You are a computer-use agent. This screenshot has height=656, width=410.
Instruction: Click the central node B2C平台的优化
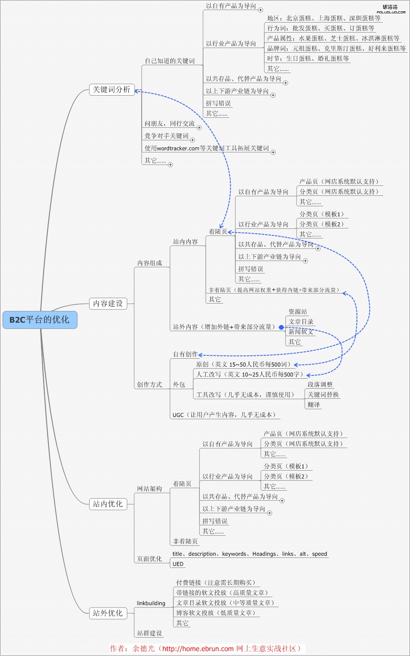click(x=40, y=320)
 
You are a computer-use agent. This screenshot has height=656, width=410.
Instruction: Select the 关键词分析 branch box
click(x=112, y=90)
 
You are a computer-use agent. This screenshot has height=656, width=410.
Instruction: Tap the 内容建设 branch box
click(x=108, y=304)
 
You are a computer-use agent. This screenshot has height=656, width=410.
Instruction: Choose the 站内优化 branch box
click(x=108, y=504)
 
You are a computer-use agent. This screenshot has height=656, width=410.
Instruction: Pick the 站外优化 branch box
click(x=108, y=613)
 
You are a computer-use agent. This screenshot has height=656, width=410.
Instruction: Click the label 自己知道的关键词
click(x=170, y=61)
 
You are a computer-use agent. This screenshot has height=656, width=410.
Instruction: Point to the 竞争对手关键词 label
click(x=166, y=136)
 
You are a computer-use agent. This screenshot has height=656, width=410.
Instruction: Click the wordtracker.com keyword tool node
click(x=207, y=148)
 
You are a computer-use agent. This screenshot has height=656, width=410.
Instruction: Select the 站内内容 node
click(x=186, y=242)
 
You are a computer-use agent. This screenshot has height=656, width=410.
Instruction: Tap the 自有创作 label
click(x=186, y=355)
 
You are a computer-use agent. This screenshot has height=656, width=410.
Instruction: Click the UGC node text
click(x=224, y=415)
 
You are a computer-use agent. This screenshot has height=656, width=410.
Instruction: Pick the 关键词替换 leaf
click(x=323, y=395)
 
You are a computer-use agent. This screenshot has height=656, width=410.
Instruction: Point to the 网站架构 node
click(x=150, y=489)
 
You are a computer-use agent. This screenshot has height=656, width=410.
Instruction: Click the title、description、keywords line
click(x=250, y=554)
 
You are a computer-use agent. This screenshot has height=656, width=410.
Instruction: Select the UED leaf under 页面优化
click(x=178, y=564)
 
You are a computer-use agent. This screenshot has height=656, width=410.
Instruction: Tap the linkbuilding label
click(x=151, y=603)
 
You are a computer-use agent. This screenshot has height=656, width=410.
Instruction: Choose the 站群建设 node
click(x=150, y=633)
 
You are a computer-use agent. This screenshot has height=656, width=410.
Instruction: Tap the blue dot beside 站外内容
click(x=281, y=327)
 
